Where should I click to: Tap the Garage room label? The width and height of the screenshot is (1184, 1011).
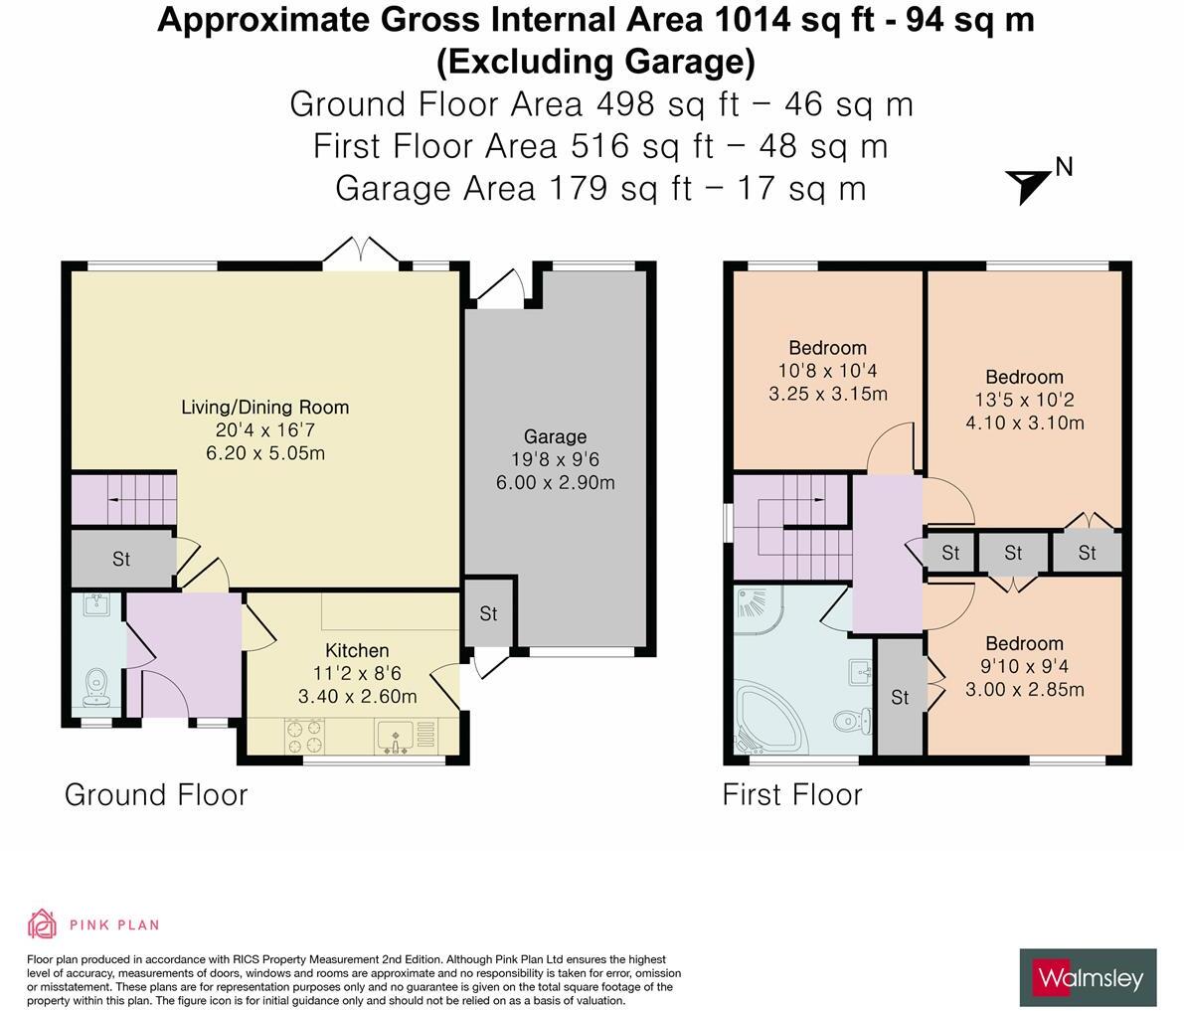555,436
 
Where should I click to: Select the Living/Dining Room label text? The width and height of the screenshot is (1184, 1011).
264,407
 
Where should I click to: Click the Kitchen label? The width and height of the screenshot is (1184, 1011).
357,651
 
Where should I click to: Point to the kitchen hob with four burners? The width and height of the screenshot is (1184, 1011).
304,735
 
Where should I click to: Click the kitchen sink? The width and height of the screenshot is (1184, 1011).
397,736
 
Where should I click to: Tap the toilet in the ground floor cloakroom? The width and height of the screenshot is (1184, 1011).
96,684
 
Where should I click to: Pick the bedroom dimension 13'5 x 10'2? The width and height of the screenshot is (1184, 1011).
1024,400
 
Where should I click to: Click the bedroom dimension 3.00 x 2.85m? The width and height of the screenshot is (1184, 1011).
1024,690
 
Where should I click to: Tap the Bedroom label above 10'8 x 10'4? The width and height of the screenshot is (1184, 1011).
827,348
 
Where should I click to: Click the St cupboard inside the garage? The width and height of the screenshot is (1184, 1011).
487,614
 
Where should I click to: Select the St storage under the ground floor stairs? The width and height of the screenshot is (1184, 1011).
120,559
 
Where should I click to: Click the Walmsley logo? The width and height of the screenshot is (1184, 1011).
1088,978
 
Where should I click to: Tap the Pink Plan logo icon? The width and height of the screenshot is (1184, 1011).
43,925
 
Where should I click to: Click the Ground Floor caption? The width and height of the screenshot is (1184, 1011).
156,794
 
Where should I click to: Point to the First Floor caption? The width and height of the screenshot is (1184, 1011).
792,794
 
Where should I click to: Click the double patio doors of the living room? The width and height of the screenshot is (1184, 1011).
361,253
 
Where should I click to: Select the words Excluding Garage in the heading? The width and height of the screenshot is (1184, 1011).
595,62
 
